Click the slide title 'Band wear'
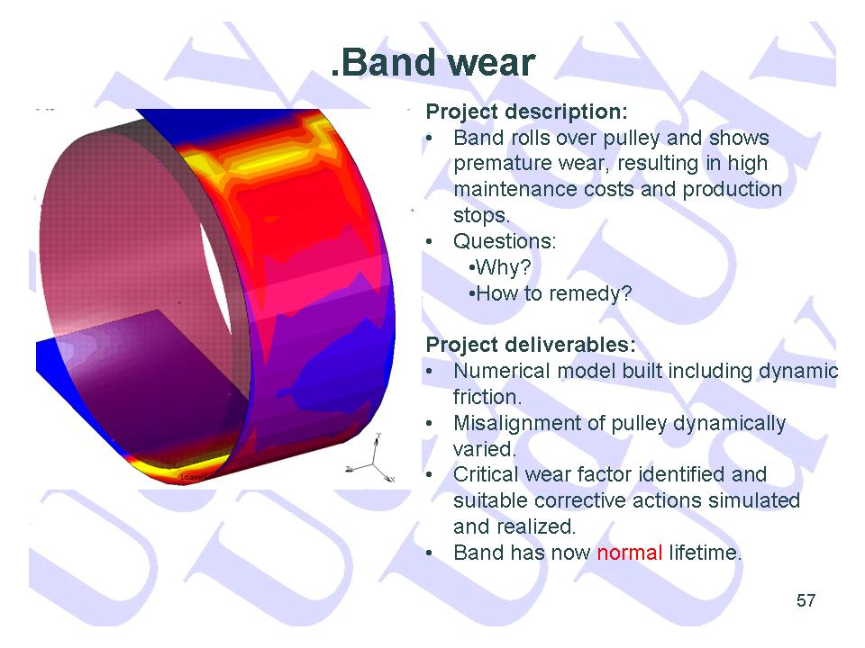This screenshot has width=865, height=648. point(433,63)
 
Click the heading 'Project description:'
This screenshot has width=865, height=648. point(527,112)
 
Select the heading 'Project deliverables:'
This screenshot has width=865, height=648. point(531,345)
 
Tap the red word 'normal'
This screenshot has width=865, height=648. point(630,552)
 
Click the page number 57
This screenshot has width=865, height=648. point(806,600)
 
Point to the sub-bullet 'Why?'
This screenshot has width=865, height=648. point(500,267)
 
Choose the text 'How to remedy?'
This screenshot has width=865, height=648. point(550,293)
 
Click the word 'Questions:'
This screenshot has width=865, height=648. point(505,241)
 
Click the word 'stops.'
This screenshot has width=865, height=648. point(481,215)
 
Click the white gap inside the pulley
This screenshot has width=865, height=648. point(215,278)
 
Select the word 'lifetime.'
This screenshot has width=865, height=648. point(705,552)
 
